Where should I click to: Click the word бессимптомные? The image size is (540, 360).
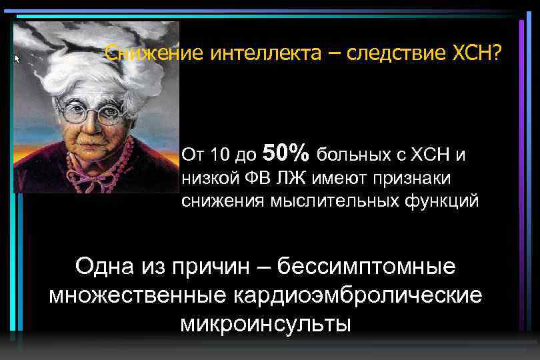pyautogui.click(x=366, y=267)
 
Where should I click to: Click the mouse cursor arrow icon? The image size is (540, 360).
pyautogui.click(x=18, y=59)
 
